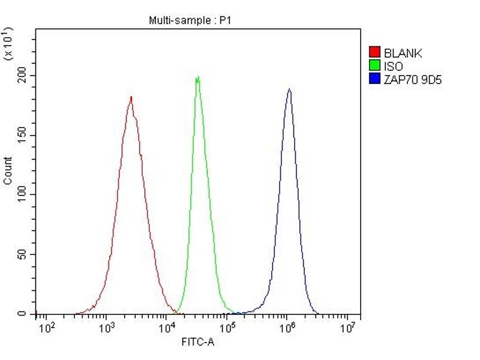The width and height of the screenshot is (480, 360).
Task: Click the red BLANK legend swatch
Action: tap(375, 53)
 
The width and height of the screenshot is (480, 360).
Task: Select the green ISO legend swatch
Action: tap(375, 66)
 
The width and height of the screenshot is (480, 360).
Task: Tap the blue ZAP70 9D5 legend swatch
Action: tap(375, 79)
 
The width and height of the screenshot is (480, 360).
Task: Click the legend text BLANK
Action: tap(403, 53)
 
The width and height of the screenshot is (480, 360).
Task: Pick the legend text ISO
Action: tap(394, 66)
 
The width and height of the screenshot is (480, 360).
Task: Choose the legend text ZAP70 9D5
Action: tap(413, 79)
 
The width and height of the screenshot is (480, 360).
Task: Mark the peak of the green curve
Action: tap(197, 77)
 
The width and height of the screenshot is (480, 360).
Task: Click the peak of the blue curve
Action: tap(289, 90)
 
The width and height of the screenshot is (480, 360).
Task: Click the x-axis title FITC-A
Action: tap(197, 342)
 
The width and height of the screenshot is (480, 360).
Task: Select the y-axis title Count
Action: tap(8, 170)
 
